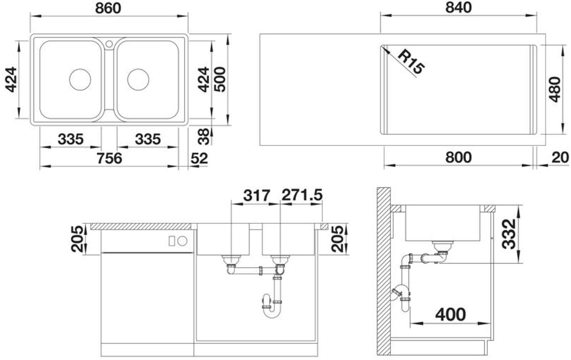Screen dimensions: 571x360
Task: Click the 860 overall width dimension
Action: pyautogui.click(x=108, y=8)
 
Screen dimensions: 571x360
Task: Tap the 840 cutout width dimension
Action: pyautogui.click(x=458, y=8)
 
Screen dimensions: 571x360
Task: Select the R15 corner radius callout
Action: pyautogui.click(x=411, y=65)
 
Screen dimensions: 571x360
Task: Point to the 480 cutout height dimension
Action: pyautogui.click(x=555, y=89)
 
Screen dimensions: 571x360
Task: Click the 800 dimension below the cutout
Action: pyautogui.click(x=458, y=157)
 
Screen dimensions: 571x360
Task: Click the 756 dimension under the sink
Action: pyautogui.click(x=109, y=158)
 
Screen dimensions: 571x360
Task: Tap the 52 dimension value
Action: pyautogui.click(x=199, y=158)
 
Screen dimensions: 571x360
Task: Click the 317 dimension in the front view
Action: pyautogui.click(x=256, y=195)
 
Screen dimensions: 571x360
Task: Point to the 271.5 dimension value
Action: pyautogui.click(x=302, y=195)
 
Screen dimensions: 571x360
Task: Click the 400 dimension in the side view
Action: pyautogui.click(x=451, y=315)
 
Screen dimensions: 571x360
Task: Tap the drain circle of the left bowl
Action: pyautogui.click(x=80, y=79)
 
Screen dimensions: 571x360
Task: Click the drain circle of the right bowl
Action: pyautogui.click(x=138, y=79)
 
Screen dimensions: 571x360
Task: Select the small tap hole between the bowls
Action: pyautogui.click(x=109, y=44)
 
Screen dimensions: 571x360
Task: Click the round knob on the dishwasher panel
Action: pyautogui.click(x=182, y=241)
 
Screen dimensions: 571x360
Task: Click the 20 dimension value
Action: pyautogui.click(x=560, y=157)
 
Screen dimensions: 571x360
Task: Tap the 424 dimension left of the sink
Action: pyautogui.click(x=11, y=79)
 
